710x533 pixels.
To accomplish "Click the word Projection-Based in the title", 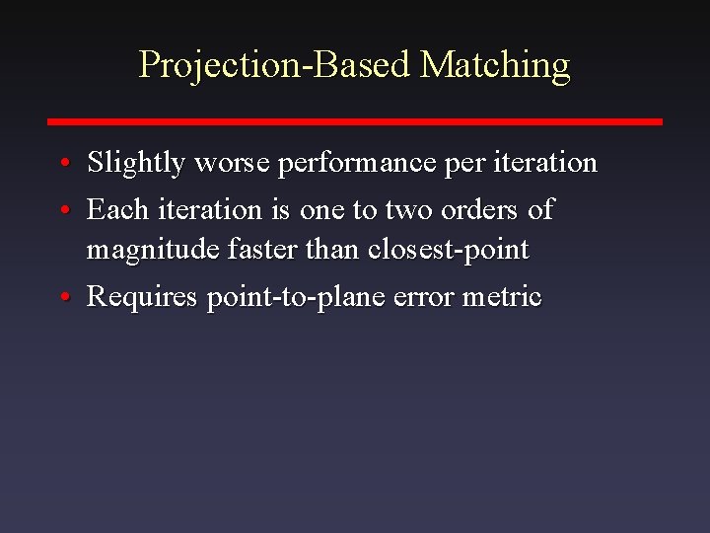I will tap(273, 65).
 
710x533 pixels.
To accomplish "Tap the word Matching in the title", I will tap(494, 65).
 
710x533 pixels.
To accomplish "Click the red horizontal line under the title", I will tap(355, 121).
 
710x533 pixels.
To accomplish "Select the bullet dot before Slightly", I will tap(62, 163).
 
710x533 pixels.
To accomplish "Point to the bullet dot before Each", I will tap(62, 210).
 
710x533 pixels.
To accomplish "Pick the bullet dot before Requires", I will tap(62, 297).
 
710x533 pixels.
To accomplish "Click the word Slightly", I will tap(136, 163).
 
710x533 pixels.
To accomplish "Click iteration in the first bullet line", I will tap(540, 163).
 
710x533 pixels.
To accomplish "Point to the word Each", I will tap(115, 210).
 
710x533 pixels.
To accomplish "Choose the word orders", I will tap(479, 210).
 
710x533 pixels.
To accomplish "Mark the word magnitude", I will tap(152, 251).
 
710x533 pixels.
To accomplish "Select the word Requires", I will tap(143, 297).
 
